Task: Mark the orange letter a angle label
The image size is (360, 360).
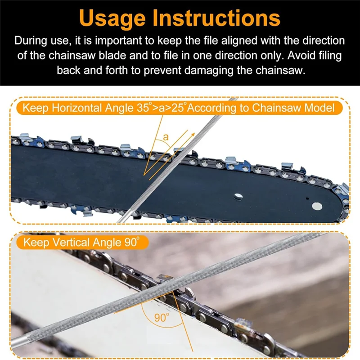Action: [165, 137]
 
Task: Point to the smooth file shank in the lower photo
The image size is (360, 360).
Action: [27, 346]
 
